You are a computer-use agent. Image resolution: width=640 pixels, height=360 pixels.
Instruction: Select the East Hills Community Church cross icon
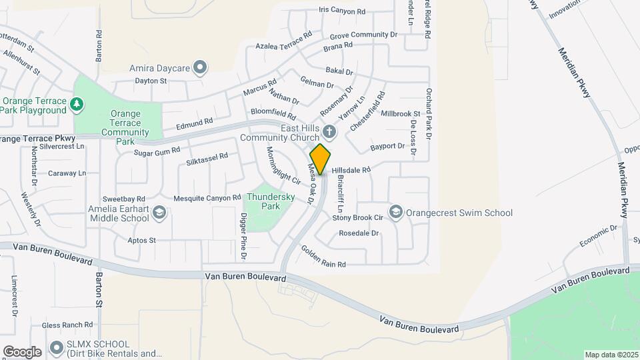[329, 131]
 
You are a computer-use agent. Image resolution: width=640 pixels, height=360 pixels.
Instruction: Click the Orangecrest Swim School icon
[396, 213]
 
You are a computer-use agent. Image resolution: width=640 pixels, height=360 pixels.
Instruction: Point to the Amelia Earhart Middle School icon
[159, 213]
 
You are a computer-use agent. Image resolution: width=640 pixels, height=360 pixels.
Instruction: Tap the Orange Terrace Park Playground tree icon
[77, 104]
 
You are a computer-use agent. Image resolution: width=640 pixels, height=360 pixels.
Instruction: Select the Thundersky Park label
[263, 201]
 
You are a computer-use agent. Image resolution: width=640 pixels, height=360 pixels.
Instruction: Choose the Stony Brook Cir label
[357, 217]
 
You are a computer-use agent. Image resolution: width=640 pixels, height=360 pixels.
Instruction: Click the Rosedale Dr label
[359, 233]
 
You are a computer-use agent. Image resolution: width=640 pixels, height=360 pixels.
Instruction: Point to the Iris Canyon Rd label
[342, 11]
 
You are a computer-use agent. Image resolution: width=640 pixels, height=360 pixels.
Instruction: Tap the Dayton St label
[150, 81]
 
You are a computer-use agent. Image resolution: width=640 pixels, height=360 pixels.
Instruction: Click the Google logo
[22, 351]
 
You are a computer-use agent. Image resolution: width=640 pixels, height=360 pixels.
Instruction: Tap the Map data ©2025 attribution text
[611, 355]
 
